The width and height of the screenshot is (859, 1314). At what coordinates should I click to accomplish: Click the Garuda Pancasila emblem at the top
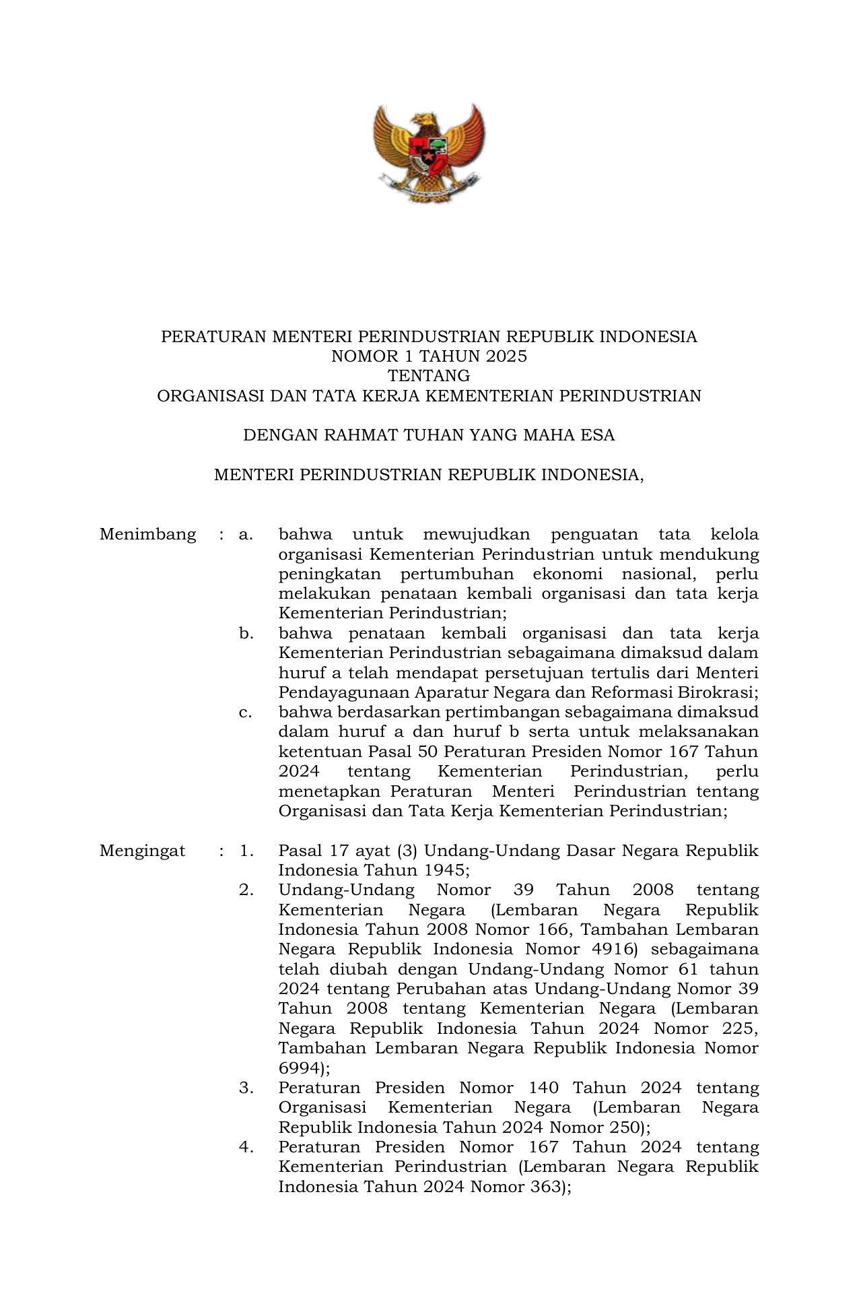(429, 153)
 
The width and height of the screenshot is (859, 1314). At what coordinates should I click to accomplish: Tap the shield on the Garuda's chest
(428, 152)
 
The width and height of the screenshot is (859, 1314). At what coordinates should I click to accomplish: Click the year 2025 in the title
(507, 356)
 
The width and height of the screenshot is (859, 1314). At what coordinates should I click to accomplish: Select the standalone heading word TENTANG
(429, 376)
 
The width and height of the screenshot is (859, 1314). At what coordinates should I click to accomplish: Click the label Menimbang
(147, 535)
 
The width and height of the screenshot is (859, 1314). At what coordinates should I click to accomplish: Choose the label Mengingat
(142, 851)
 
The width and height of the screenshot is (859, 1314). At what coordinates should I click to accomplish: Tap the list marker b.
(246, 634)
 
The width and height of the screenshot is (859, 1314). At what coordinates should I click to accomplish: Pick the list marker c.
(245, 713)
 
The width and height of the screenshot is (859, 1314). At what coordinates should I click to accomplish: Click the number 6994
(300, 1068)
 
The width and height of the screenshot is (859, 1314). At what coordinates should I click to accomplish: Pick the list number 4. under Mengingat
(246, 1147)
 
